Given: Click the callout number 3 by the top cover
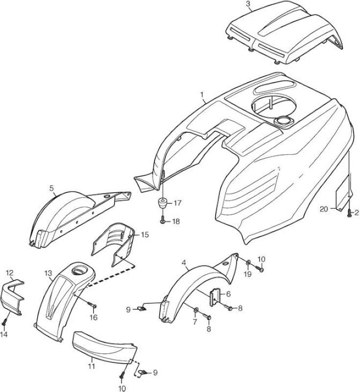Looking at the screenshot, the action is [x=247, y=4].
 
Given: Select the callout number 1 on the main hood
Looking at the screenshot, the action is [x=202, y=95].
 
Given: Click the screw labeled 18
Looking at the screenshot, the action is [x=163, y=221].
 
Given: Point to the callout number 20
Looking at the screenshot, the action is [x=324, y=209].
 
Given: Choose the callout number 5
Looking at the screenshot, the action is [x=51, y=188].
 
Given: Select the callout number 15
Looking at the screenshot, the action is [x=144, y=235].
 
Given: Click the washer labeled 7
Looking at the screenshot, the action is [x=195, y=310].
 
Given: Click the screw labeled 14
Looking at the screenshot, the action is [x=4, y=323].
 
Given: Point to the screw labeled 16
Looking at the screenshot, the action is [x=93, y=305].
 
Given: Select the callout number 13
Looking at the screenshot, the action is [x=48, y=272].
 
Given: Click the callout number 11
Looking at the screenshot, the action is [x=92, y=366].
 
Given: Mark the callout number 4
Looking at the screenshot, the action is [x=184, y=263].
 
